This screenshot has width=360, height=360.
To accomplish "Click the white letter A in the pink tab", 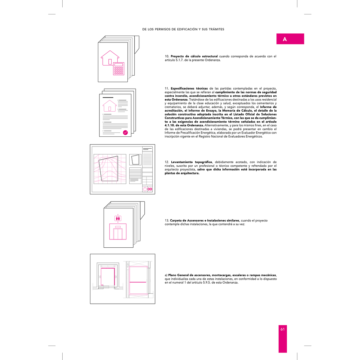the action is [x=285, y=39].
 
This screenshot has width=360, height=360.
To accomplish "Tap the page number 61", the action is [x=282, y=329].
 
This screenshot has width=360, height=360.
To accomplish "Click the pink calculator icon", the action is [x=119, y=69].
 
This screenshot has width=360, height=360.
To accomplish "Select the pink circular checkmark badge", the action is [x=125, y=132].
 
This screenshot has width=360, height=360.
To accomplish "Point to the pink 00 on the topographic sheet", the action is [x=150, y=189].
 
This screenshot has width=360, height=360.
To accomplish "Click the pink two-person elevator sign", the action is [x=118, y=218].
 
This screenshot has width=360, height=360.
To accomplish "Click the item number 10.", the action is [x=167, y=56].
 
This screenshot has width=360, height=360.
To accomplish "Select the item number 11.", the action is [x=167, y=89].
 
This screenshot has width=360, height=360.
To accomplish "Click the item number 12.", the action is [x=167, y=162].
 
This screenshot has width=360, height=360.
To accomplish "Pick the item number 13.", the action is [x=167, y=220].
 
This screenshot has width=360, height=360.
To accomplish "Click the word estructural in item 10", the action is [x=208, y=56].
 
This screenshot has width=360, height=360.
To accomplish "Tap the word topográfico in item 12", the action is [x=203, y=162].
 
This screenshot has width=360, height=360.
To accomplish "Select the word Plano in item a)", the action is [x=172, y=275].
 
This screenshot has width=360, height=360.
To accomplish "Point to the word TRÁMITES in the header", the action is [x=216, y=29].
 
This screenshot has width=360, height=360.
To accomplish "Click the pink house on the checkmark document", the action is [x=109, y=105].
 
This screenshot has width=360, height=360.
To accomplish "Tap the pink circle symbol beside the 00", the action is [x=145, y=189].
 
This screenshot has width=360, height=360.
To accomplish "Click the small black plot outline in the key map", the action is [x=135, y=160].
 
